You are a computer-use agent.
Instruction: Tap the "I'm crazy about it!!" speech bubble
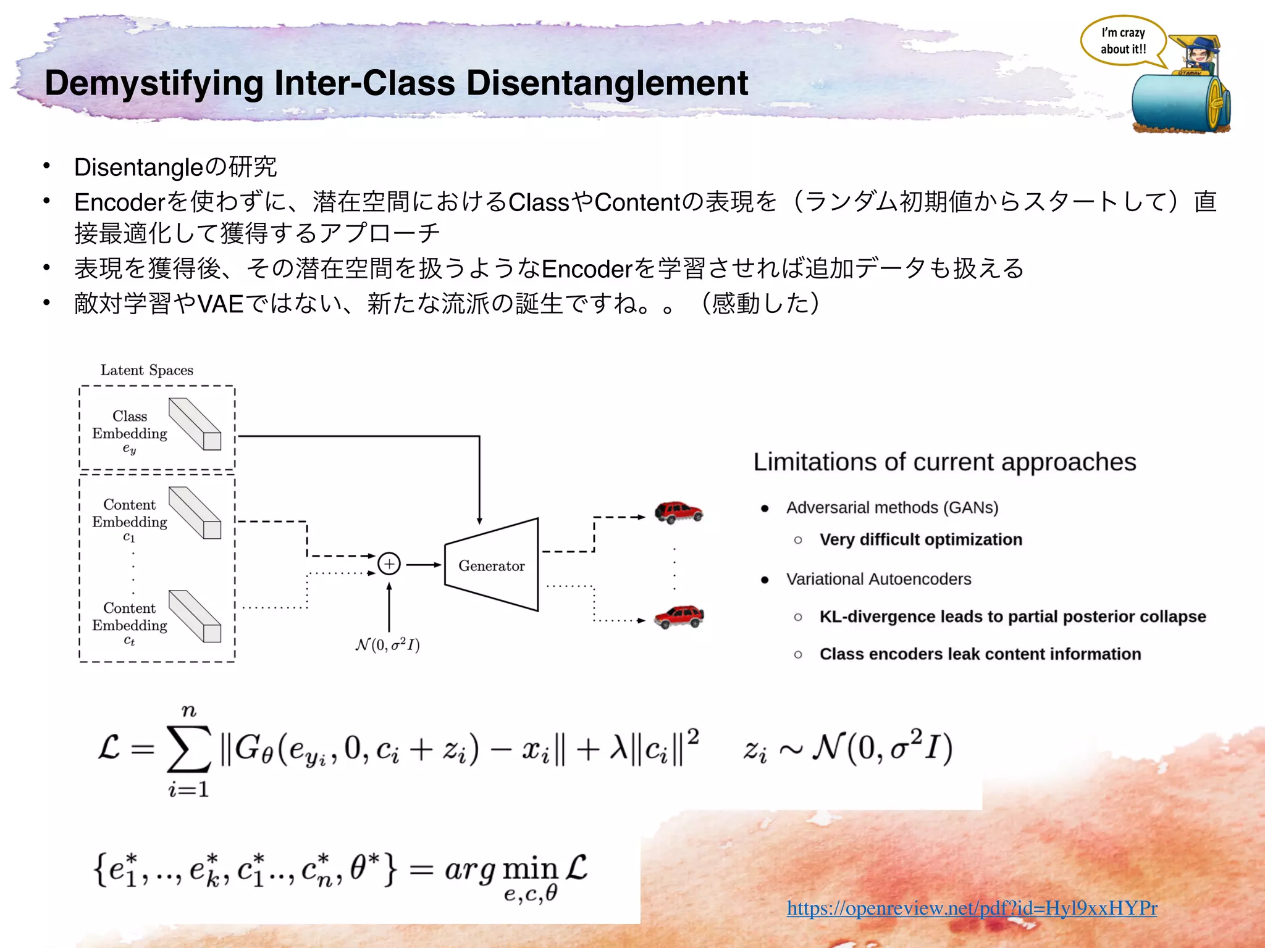click(1122, 41)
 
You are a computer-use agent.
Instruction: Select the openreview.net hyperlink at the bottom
click(972, 908)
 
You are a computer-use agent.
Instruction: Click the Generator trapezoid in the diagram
click(491, 565)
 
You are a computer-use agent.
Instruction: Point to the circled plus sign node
click(389, 563)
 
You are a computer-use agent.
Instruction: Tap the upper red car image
click(678, 512)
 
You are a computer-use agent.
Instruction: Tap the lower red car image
click(678, 616)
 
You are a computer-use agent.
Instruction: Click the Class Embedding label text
click(130, 425)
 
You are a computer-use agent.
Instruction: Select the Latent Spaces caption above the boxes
click(147, 370)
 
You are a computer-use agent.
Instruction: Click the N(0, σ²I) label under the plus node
click(388, 645)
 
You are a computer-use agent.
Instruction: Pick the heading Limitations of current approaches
click(944, 462)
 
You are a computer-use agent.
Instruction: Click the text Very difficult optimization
click(920, 539)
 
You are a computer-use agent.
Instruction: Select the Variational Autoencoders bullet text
click(878, 579)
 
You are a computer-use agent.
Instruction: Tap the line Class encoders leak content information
click(980, 654)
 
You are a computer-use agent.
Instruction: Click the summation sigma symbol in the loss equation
click(188, 749)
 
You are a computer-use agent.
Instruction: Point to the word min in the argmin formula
click(530, 869)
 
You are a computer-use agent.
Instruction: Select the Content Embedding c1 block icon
click(195, 513)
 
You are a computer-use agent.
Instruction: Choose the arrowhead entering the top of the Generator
click(479, 521)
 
